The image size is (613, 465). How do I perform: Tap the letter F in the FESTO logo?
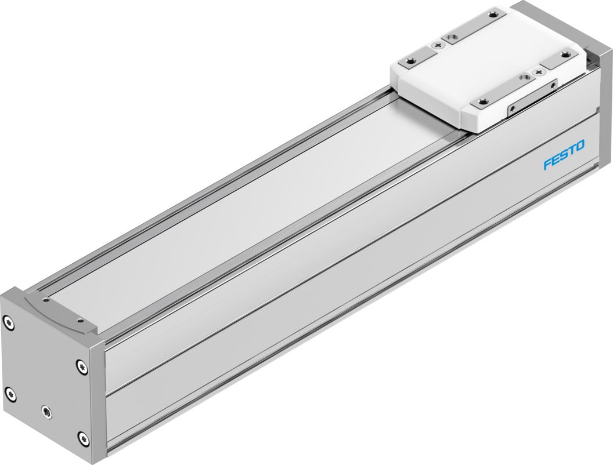point(547,165)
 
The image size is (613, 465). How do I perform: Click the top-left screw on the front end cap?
point(8,323)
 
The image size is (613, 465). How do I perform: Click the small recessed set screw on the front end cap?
point(47,412)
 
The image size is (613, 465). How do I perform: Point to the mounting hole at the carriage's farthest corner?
point(493,14)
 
